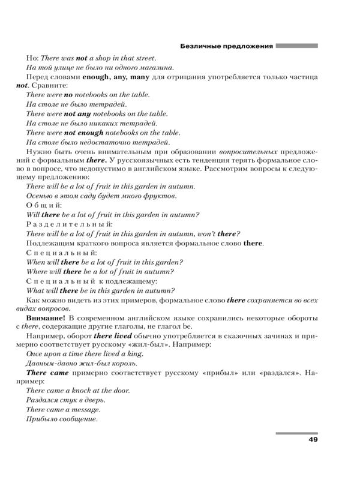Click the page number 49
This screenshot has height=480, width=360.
click(x=313, y=440)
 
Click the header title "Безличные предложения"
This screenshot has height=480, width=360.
click(x=227, y=45)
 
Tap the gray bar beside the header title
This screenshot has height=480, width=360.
click(x=296, y=45)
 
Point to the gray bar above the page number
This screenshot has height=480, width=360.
click(x=296, y=432)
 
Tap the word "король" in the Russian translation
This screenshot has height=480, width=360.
click(x=125, y=363)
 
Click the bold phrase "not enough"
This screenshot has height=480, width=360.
click(x=84, y=133)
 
